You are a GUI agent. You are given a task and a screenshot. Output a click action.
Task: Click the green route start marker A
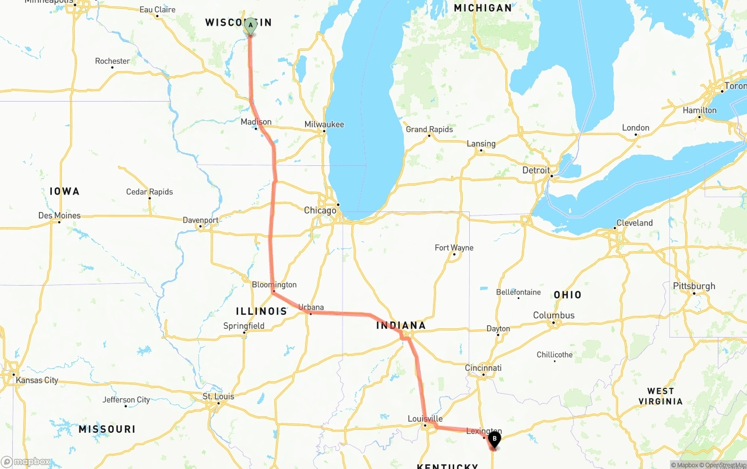tap(250, 26)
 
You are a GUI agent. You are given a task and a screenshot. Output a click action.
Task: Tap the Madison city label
tap(256, 122)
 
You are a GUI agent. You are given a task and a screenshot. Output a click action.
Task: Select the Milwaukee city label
tap(324, 124)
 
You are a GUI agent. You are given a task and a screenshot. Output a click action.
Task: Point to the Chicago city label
tap(320, 210)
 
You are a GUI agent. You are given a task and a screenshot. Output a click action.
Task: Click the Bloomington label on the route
tap(274, 285)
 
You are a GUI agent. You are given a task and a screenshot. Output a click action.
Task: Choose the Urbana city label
tap(310, 307)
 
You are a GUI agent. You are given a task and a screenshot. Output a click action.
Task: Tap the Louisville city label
tap(425, 419)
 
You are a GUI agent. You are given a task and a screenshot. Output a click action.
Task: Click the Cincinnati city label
tap(483, 368)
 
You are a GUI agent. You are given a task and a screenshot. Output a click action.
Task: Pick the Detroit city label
tap(536, 171)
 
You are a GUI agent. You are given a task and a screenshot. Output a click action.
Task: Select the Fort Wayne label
tap(454, 248)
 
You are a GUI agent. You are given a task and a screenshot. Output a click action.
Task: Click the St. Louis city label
tap(218, 397)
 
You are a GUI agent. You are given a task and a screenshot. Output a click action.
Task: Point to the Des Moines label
tap(60, 216)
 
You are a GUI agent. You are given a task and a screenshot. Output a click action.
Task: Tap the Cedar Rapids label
tap(149, 192)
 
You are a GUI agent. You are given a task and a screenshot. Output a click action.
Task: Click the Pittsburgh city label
tap(694, 286)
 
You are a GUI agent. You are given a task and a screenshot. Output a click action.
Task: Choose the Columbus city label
tap(554, 315)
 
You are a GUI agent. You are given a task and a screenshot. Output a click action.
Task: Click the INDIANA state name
tap(401, 325)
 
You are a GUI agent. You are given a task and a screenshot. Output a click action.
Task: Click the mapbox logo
tap(26, 461)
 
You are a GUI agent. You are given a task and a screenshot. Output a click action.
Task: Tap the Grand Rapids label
tap(429, 129)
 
